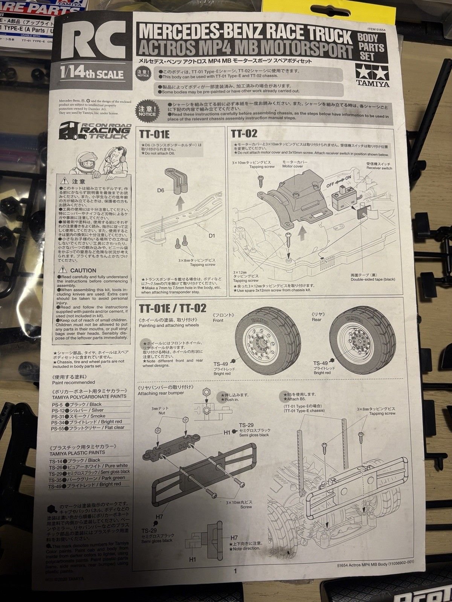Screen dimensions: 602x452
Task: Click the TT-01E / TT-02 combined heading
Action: point(173,308)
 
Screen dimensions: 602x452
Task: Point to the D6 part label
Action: point(161,191)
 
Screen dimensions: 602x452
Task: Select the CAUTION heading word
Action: point(83,270)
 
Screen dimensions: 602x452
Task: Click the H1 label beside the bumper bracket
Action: point(226,433)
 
